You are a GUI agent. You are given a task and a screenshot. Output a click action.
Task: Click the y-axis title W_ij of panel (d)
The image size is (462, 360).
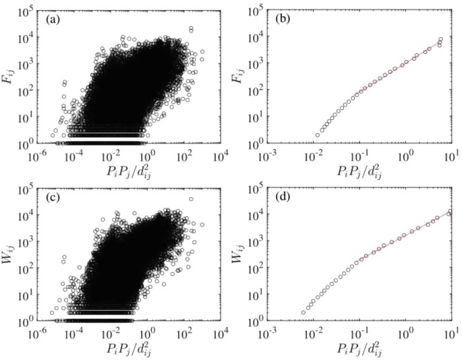[x=244, y=256]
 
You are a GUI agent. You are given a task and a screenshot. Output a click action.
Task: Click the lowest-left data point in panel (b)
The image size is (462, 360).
[x=318, y=135]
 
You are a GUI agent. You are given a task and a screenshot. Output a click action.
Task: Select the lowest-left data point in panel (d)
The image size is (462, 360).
[x=304, y=312]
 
